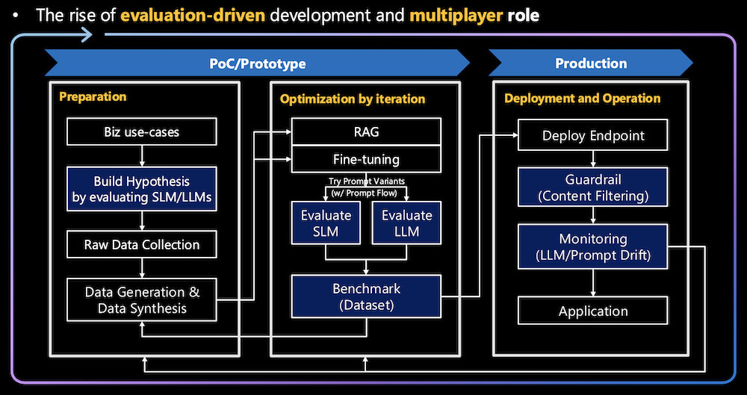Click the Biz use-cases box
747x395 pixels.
142,133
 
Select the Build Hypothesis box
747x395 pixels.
142,190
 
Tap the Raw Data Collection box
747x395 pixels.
142,245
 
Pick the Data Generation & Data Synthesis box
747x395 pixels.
142,299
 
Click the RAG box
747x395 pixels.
365,132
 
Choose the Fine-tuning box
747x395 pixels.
365,159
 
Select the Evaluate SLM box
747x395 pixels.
326,223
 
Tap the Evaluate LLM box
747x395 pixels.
406,223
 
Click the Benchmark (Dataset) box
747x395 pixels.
365,296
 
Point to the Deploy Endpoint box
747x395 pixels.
593,136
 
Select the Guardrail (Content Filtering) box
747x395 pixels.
593,188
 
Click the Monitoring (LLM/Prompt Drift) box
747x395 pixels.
593,247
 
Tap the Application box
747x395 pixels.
593,311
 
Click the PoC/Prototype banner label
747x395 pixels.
257,63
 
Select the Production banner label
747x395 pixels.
591,63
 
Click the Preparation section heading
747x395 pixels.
93,97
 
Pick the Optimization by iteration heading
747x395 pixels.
353,99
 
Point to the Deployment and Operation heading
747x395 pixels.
582,98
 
